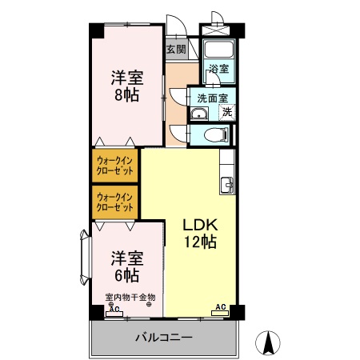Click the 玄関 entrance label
[x=175, y=49]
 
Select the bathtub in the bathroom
[x=218, y=50]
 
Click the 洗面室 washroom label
[x=211, y=98]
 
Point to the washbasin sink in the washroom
[x=198, y=112]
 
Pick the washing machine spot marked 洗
[x=227, y=112]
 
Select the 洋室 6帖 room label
[x=126, y=267]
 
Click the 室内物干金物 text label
[x=130, y=298]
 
